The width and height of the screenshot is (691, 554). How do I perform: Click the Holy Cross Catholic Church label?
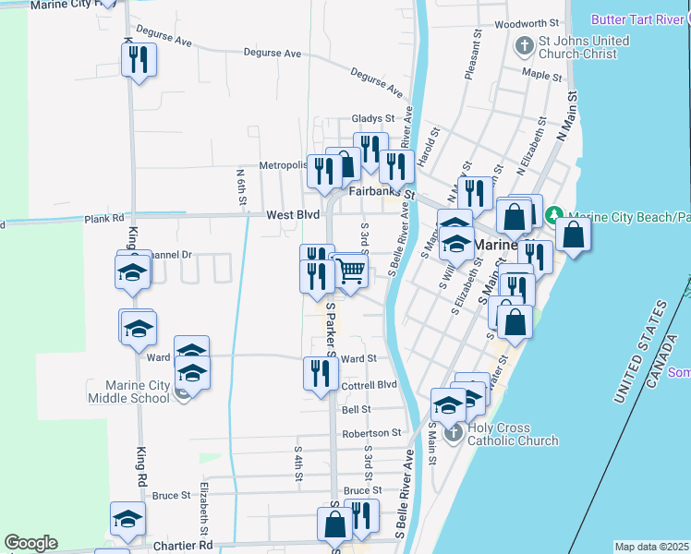tap(512, 434)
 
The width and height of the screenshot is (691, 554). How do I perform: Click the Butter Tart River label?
tap(633, 18)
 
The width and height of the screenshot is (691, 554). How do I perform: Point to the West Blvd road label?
tap(293, 215)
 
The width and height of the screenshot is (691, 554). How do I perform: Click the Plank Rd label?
tap(104, 220)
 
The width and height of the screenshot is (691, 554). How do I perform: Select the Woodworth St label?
tap(527, 23)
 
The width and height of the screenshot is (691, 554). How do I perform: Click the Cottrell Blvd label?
tap(368, 385)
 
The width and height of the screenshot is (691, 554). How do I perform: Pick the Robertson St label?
tap(370, 432)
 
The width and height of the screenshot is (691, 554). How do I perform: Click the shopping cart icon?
tap(351, 271)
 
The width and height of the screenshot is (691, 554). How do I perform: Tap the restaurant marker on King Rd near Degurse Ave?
tap(139, 60)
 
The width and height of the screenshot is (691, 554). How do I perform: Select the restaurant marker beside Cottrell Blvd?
tap(320, 373)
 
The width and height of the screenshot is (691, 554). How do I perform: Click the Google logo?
tap(30, 543)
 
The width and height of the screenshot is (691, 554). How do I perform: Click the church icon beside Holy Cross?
tap(452, 434)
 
